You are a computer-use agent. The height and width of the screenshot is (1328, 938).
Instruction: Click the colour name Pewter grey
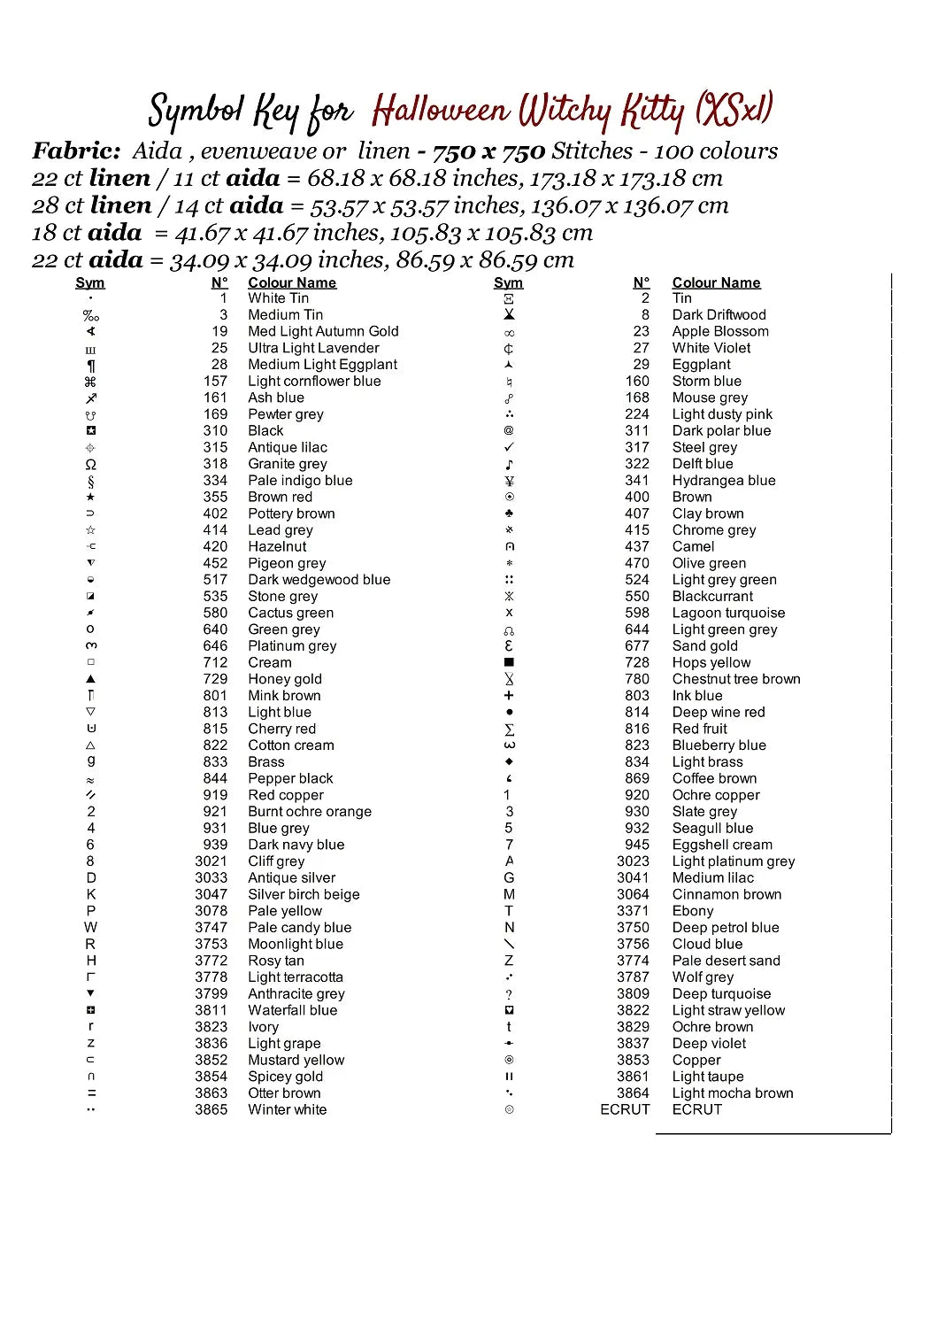coord(286,414)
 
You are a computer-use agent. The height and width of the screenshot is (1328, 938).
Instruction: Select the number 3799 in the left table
coord(211,993)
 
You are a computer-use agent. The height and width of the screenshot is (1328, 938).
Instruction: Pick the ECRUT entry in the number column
coord(625,1109)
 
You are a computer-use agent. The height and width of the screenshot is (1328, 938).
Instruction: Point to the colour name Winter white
coord(287,1109)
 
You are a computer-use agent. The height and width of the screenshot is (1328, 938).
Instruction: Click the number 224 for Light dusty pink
coord(637,414)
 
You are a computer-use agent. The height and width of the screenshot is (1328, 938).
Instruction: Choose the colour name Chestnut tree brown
coord(736,679)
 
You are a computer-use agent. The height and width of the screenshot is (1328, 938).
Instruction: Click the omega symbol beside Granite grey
coord(90,464)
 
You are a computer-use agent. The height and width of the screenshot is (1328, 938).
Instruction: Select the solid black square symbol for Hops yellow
coord(509,662)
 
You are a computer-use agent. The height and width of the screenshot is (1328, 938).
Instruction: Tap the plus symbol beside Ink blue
coord(509,696)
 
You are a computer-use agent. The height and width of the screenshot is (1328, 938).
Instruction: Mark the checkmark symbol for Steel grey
coord(509,447)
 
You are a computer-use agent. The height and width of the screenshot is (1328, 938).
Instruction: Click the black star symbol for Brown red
coord(90,497)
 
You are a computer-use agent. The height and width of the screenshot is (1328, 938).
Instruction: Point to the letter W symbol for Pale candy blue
coord(90,927)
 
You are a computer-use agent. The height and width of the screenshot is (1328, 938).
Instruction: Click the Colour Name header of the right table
coord(716,282)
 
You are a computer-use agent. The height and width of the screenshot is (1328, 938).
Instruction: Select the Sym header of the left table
coord(90,282)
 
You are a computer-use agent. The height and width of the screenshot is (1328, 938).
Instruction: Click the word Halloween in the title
coord(440,111)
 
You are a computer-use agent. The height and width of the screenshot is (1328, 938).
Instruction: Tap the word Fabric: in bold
coord(76,151)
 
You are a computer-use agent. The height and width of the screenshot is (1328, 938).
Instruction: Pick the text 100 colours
coord(716,151)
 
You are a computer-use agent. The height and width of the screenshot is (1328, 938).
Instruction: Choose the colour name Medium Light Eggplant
coord(322,365)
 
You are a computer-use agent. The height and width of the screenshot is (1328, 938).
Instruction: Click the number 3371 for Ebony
coord(633,910)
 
